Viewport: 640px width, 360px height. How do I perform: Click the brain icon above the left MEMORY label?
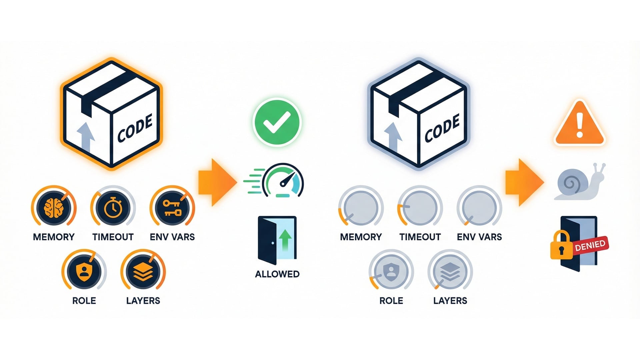coord(54,207)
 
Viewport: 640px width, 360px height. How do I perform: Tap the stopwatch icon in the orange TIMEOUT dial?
coord(113,207)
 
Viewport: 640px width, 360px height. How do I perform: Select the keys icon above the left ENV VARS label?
coord(172,207)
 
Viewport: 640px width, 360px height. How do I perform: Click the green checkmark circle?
coord(277,122)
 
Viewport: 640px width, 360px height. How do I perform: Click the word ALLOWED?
coord(277,274)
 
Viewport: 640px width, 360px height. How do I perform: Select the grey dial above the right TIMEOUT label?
coord(420,207)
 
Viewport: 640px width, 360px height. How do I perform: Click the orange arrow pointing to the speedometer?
coord(217,182)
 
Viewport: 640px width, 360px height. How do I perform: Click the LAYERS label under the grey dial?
coord(450,301)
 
